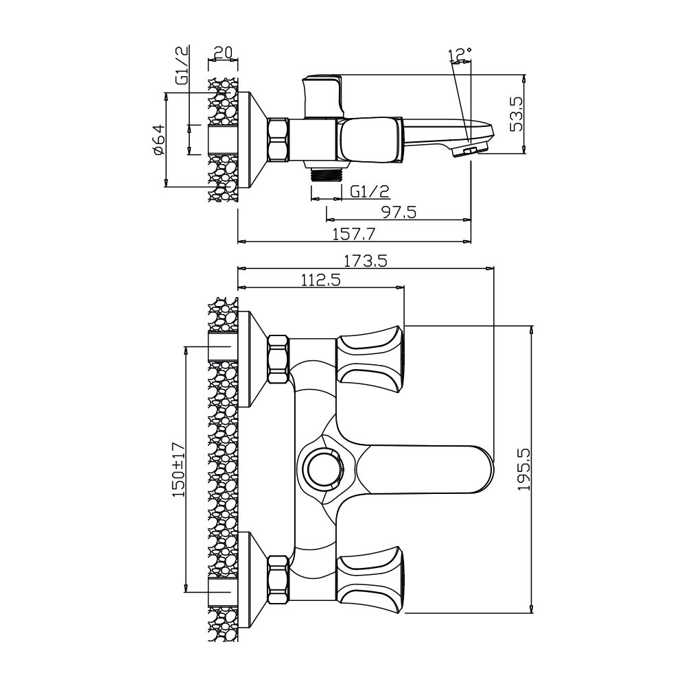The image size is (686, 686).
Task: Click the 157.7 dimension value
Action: coord(354,234)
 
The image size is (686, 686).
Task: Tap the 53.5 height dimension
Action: coord(517,114)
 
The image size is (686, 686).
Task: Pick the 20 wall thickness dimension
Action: coord(223,53)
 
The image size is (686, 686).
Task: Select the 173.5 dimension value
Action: coord(366,261)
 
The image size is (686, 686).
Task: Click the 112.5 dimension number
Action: coord(320,280)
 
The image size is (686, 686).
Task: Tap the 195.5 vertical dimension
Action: coord(523,469)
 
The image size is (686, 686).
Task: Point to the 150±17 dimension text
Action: coord(179,469)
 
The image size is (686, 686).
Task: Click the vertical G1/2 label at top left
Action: coord(182,64)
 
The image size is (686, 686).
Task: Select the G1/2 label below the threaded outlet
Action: coord(370,191)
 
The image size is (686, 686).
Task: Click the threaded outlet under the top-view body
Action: coord(325,174)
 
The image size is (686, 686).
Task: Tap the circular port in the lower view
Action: coord(324,468)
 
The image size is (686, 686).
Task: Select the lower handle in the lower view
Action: coord(370,579)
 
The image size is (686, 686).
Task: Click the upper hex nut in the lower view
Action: coord(279,359)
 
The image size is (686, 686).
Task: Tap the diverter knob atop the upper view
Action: coord(323,97)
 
